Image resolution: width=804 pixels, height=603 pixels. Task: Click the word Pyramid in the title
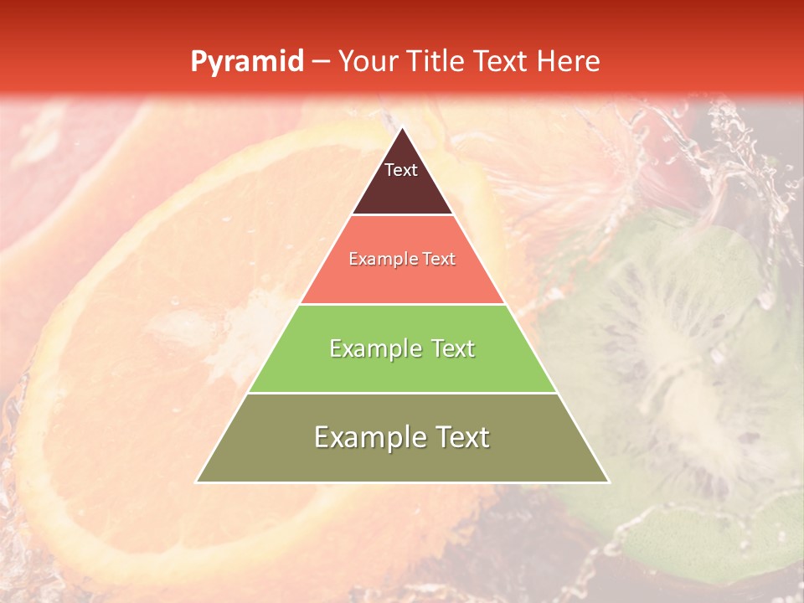247,62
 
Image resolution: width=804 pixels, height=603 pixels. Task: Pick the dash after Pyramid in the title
321,62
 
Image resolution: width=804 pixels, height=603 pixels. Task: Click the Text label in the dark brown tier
401,170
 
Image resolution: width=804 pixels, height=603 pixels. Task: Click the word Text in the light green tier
453,348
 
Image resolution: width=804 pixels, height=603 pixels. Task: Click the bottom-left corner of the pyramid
196,482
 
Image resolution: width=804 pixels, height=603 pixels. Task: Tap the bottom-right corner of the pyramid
609,482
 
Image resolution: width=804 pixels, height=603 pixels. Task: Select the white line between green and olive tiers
403,393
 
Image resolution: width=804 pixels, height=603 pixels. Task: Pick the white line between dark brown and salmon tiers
403,215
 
